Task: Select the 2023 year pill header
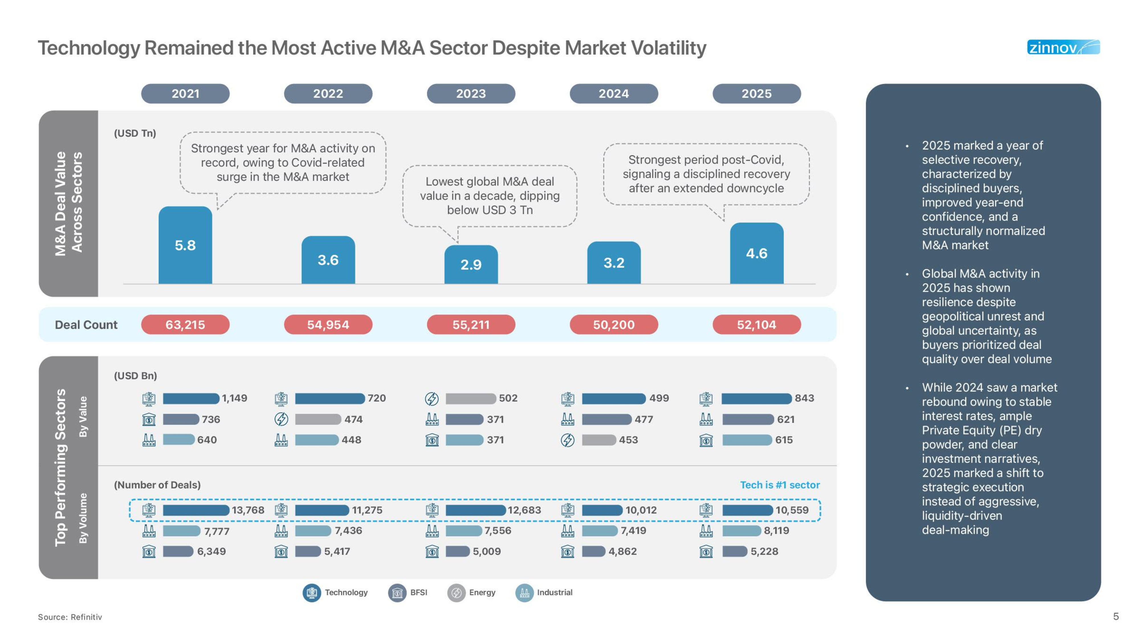click(471, 94)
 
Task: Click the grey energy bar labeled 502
click(471, 399)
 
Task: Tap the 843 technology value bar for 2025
click(756, 399)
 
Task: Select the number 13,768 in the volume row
click(248, 510)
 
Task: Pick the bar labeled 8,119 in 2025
click(741, 530)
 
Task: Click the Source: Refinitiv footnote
click(70, 617)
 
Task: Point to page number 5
click(1116, 616)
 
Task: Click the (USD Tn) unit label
click(135, 133)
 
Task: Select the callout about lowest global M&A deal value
click(489, 195)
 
